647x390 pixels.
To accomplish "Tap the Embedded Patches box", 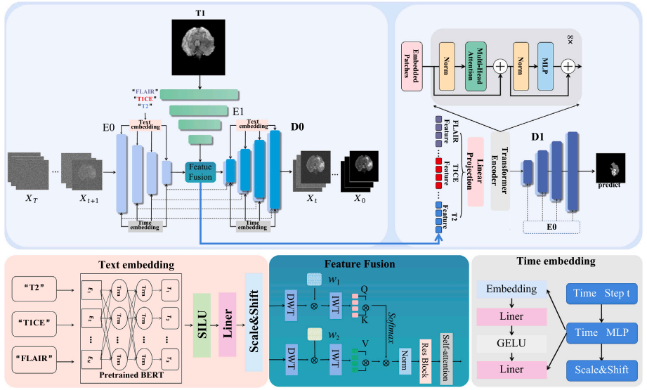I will (x=414, y=65).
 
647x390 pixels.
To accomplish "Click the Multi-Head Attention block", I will (x=476, y=66).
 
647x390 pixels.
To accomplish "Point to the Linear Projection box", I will (x=476, y=172).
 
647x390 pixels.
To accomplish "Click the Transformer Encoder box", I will (x=499, y=171).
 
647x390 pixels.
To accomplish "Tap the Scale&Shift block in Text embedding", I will (x=253, y=322).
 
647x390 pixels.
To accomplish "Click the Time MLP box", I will (x=599, y=332).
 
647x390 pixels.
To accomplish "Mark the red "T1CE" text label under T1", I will (x=145, y=99).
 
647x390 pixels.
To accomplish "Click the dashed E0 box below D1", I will (x=551, y=227).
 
